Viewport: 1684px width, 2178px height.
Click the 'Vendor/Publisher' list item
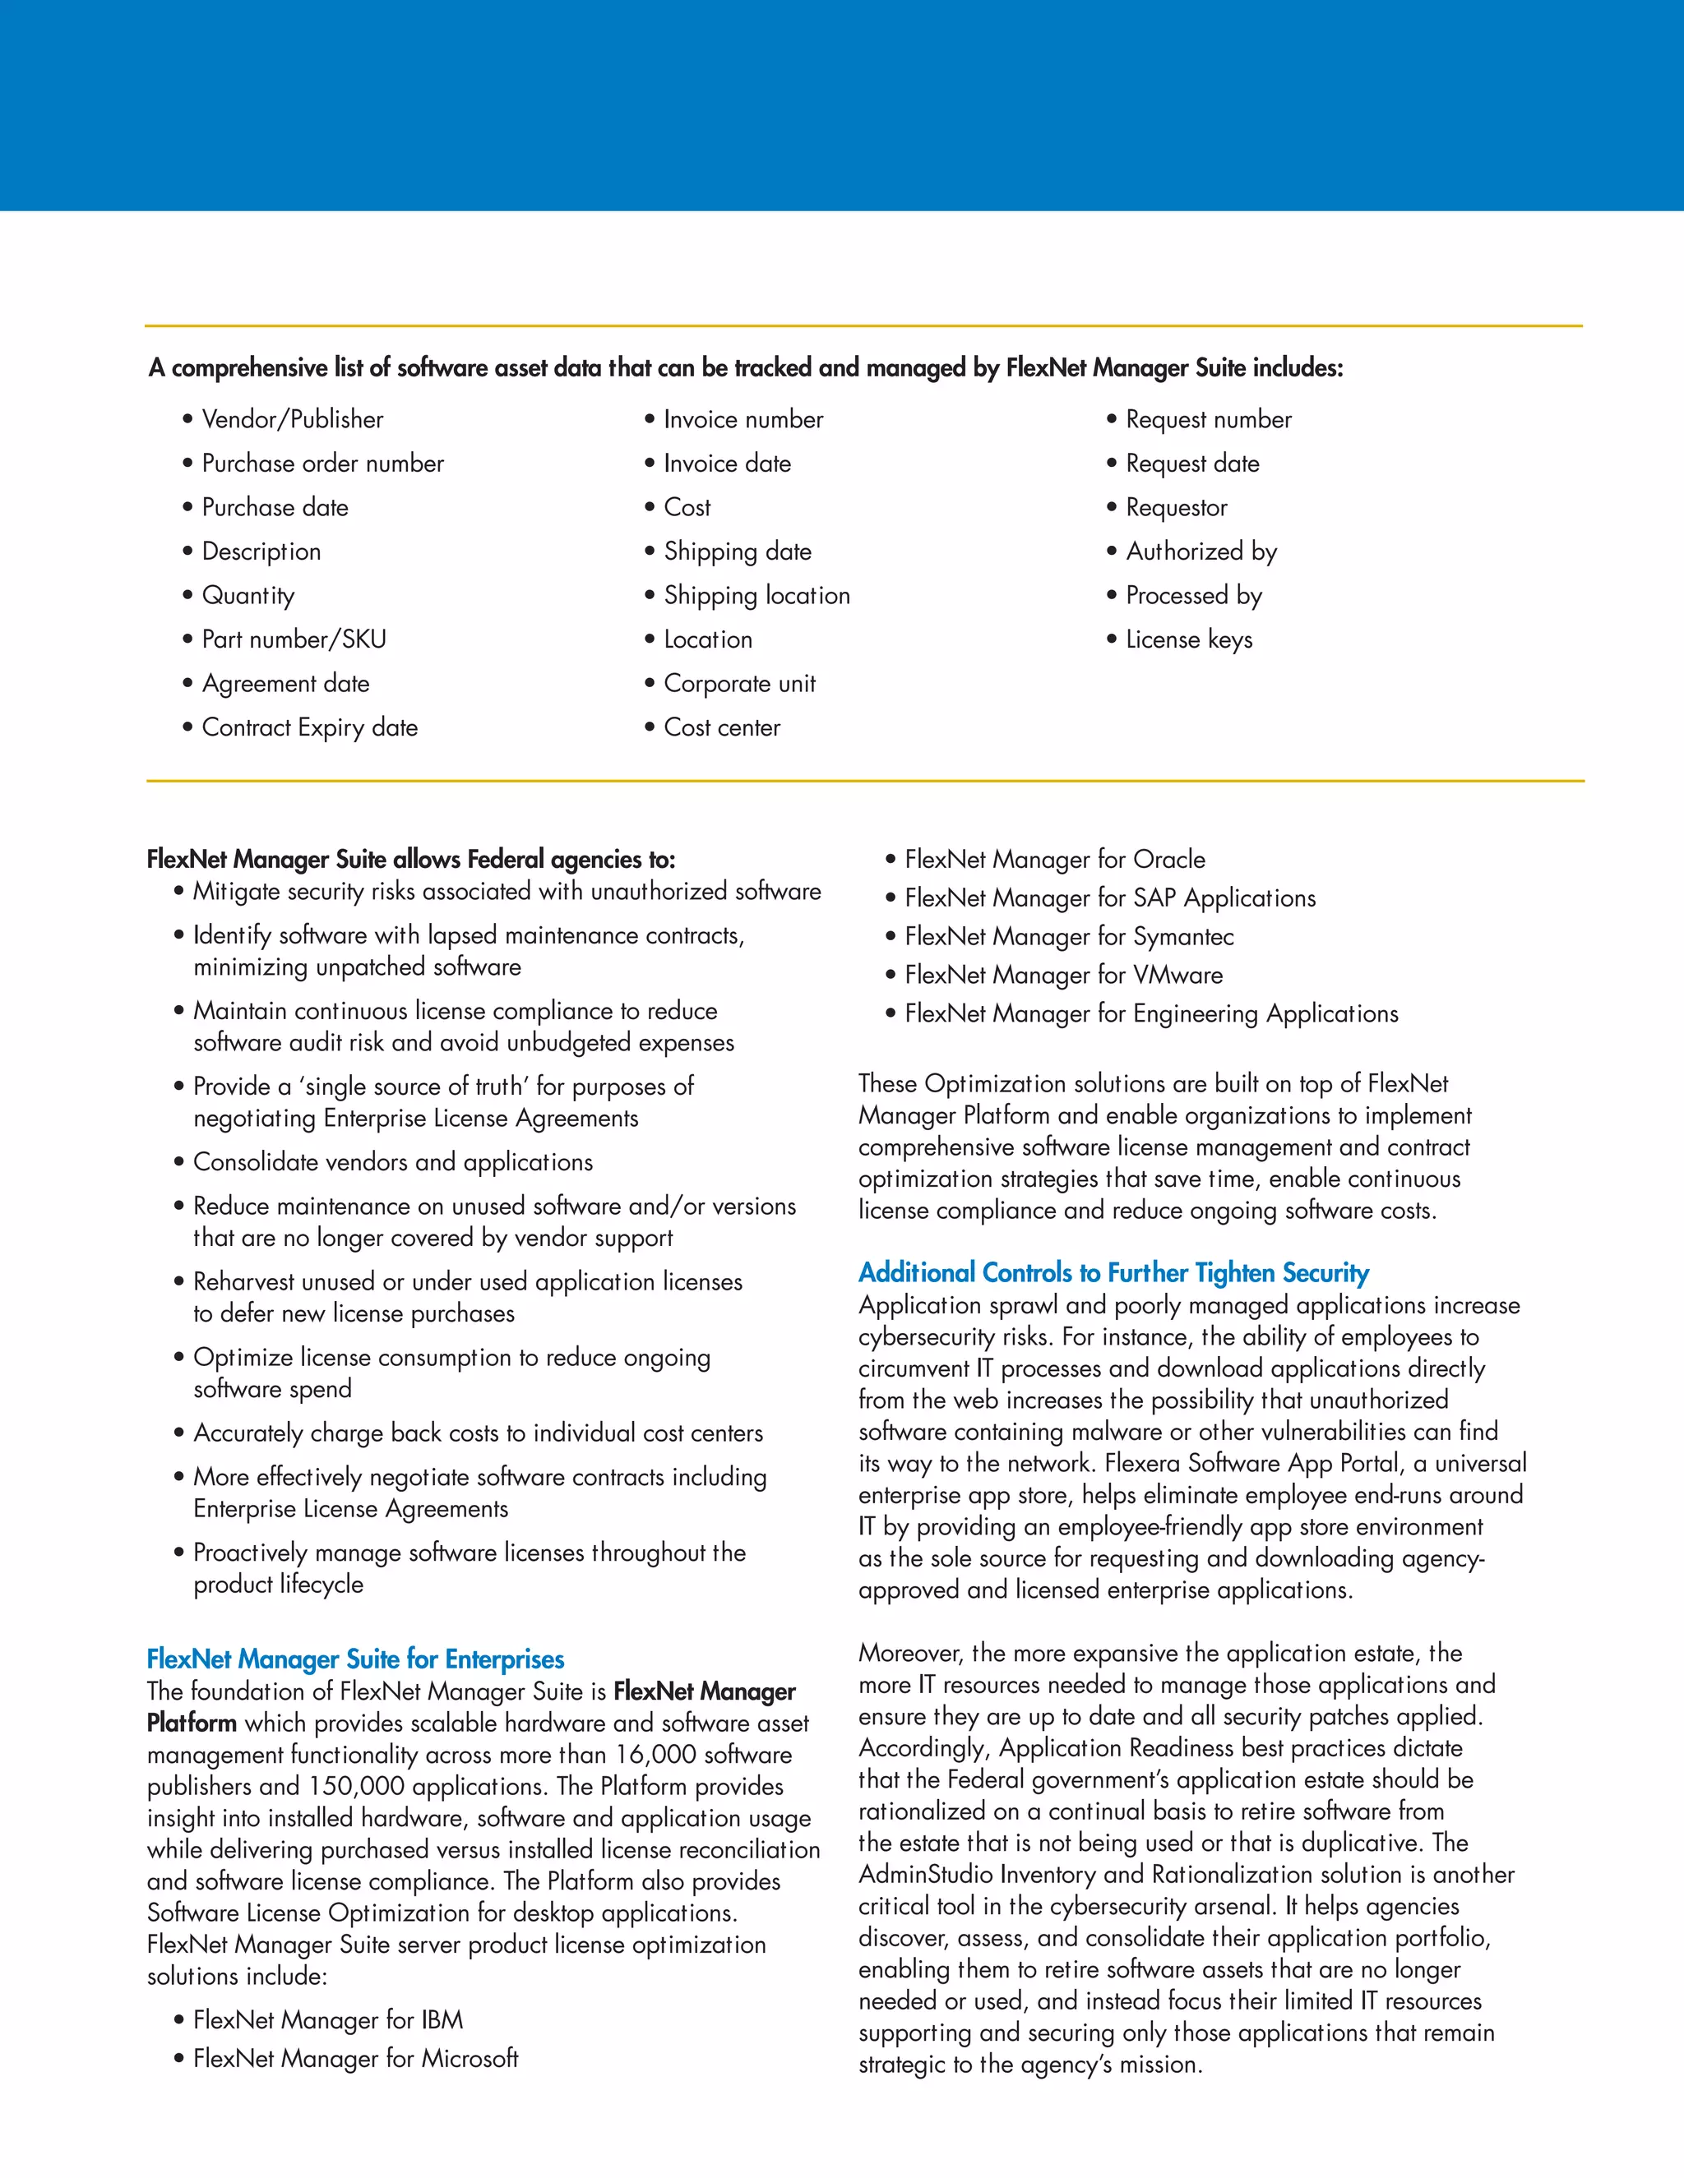tap(292, 420)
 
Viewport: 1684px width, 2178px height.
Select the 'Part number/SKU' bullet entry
tap(294, 639)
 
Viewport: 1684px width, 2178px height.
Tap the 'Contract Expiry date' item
tap(309, 728)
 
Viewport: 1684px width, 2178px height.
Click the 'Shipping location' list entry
tap(756, 595)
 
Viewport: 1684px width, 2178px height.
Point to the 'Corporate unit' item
tap(739, 684)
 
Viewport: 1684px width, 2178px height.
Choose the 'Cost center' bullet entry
tap(721, 728)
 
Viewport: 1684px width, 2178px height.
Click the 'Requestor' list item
tap(1176, 508)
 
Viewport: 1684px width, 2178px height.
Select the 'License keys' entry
tap(1188, 639)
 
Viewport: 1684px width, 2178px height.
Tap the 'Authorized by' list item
tap(1201, 551)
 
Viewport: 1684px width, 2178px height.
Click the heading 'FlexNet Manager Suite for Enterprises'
tap(355, 1659)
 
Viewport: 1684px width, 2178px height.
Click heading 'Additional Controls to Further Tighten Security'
tap(1113, 1272)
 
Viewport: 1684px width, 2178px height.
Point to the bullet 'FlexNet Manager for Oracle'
tap(1054, 860)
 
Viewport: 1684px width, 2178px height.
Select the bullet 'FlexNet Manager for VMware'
tap(1062, 976)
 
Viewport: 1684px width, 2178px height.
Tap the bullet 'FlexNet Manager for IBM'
tap(328, 2020)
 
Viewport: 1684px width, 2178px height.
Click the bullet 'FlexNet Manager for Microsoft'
tap(355, 2058)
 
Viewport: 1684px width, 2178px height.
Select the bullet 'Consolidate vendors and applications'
tap(393, 1163)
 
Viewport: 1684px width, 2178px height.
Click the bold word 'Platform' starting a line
tap(192, 1723)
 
